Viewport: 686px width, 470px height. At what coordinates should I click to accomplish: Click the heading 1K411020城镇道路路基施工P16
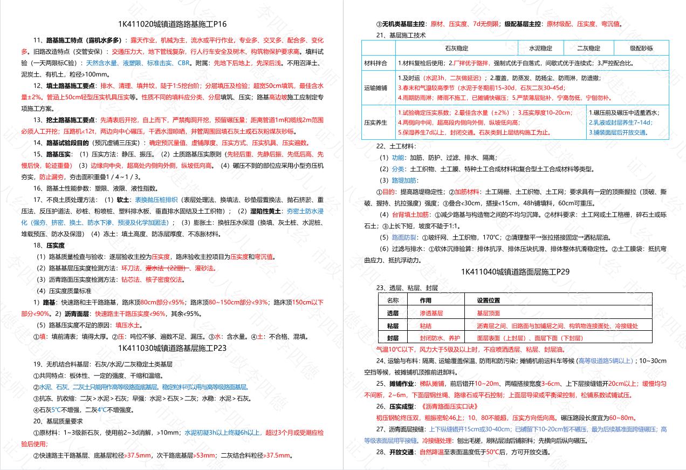[x=172, y=24]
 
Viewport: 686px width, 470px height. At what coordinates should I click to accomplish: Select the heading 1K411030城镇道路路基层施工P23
[x=172, y=348]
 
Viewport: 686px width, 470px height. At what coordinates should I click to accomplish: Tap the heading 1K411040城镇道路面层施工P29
[x=515, y=272]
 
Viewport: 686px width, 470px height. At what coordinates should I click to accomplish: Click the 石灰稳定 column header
[x=456, y=49]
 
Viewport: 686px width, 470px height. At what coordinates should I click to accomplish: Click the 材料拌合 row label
[x=376, y=63]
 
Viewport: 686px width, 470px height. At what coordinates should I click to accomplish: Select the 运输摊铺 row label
[x=376, y=87]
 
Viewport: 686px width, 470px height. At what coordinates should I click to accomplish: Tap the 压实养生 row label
[x=376, y=122]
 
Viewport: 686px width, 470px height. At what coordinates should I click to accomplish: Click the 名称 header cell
[x=393, y=300]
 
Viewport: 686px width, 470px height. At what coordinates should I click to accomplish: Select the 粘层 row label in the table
[x=393, y=326]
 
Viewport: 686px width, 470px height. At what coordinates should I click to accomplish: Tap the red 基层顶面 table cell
[x=488, y=313]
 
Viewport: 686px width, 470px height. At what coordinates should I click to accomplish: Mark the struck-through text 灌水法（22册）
[x=167, y=268]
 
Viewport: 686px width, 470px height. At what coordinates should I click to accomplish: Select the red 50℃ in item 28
[x=492, y=452]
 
